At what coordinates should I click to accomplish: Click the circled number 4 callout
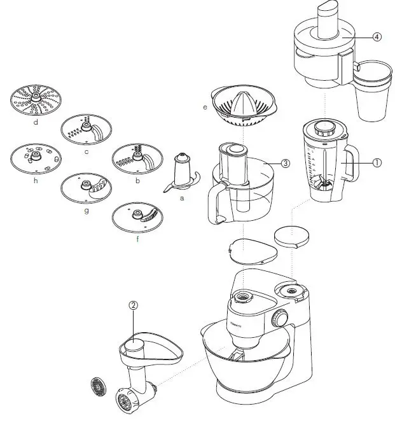point(377,37)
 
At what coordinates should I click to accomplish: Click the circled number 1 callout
point(377,162)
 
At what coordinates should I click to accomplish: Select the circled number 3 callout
point(286,163)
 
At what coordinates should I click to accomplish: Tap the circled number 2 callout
point(134,305)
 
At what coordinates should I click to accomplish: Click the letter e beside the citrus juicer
point(205,108)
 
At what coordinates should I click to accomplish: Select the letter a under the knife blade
point(182,199)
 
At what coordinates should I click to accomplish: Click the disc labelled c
point(86,130)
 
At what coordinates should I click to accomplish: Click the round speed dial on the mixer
point(279,319)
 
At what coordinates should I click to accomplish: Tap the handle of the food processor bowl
point(215,202)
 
